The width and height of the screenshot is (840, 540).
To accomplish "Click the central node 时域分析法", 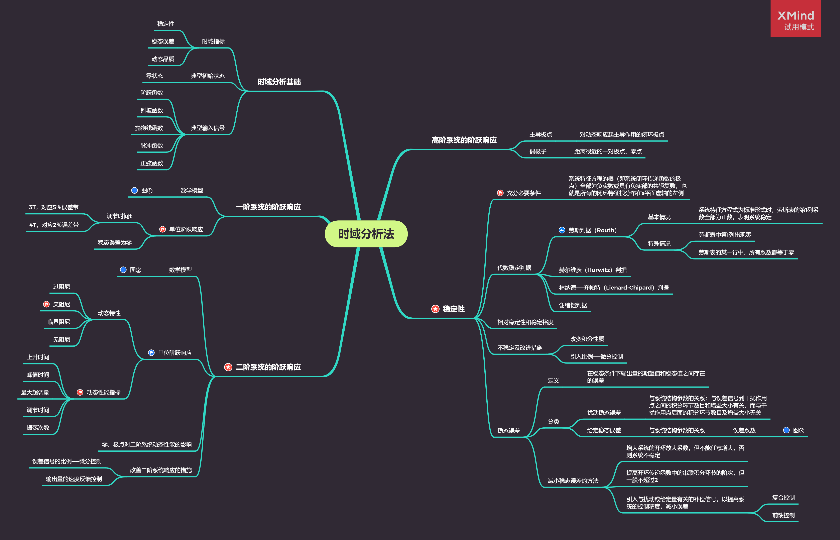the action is pos(366,234).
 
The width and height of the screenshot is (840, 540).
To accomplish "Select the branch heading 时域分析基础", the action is pos(279,82).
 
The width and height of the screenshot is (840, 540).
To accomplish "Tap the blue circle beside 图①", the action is pos(134,190).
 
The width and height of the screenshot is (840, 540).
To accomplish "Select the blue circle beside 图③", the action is pos(786,430).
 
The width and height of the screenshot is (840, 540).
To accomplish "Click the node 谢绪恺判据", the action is pos(573,305).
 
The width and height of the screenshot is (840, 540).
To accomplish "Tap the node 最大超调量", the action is pos(35,392).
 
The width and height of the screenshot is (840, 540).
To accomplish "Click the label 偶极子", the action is pos(537,151).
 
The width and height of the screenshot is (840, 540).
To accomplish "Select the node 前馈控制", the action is pos(783,515).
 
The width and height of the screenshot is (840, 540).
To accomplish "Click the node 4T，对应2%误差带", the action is pos(54,225).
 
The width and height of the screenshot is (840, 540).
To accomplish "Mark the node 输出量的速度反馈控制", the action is pos(74,479).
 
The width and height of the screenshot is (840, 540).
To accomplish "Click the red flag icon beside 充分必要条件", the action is pos(500,193).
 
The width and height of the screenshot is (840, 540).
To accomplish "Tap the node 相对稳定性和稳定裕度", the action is pos(525,322).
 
